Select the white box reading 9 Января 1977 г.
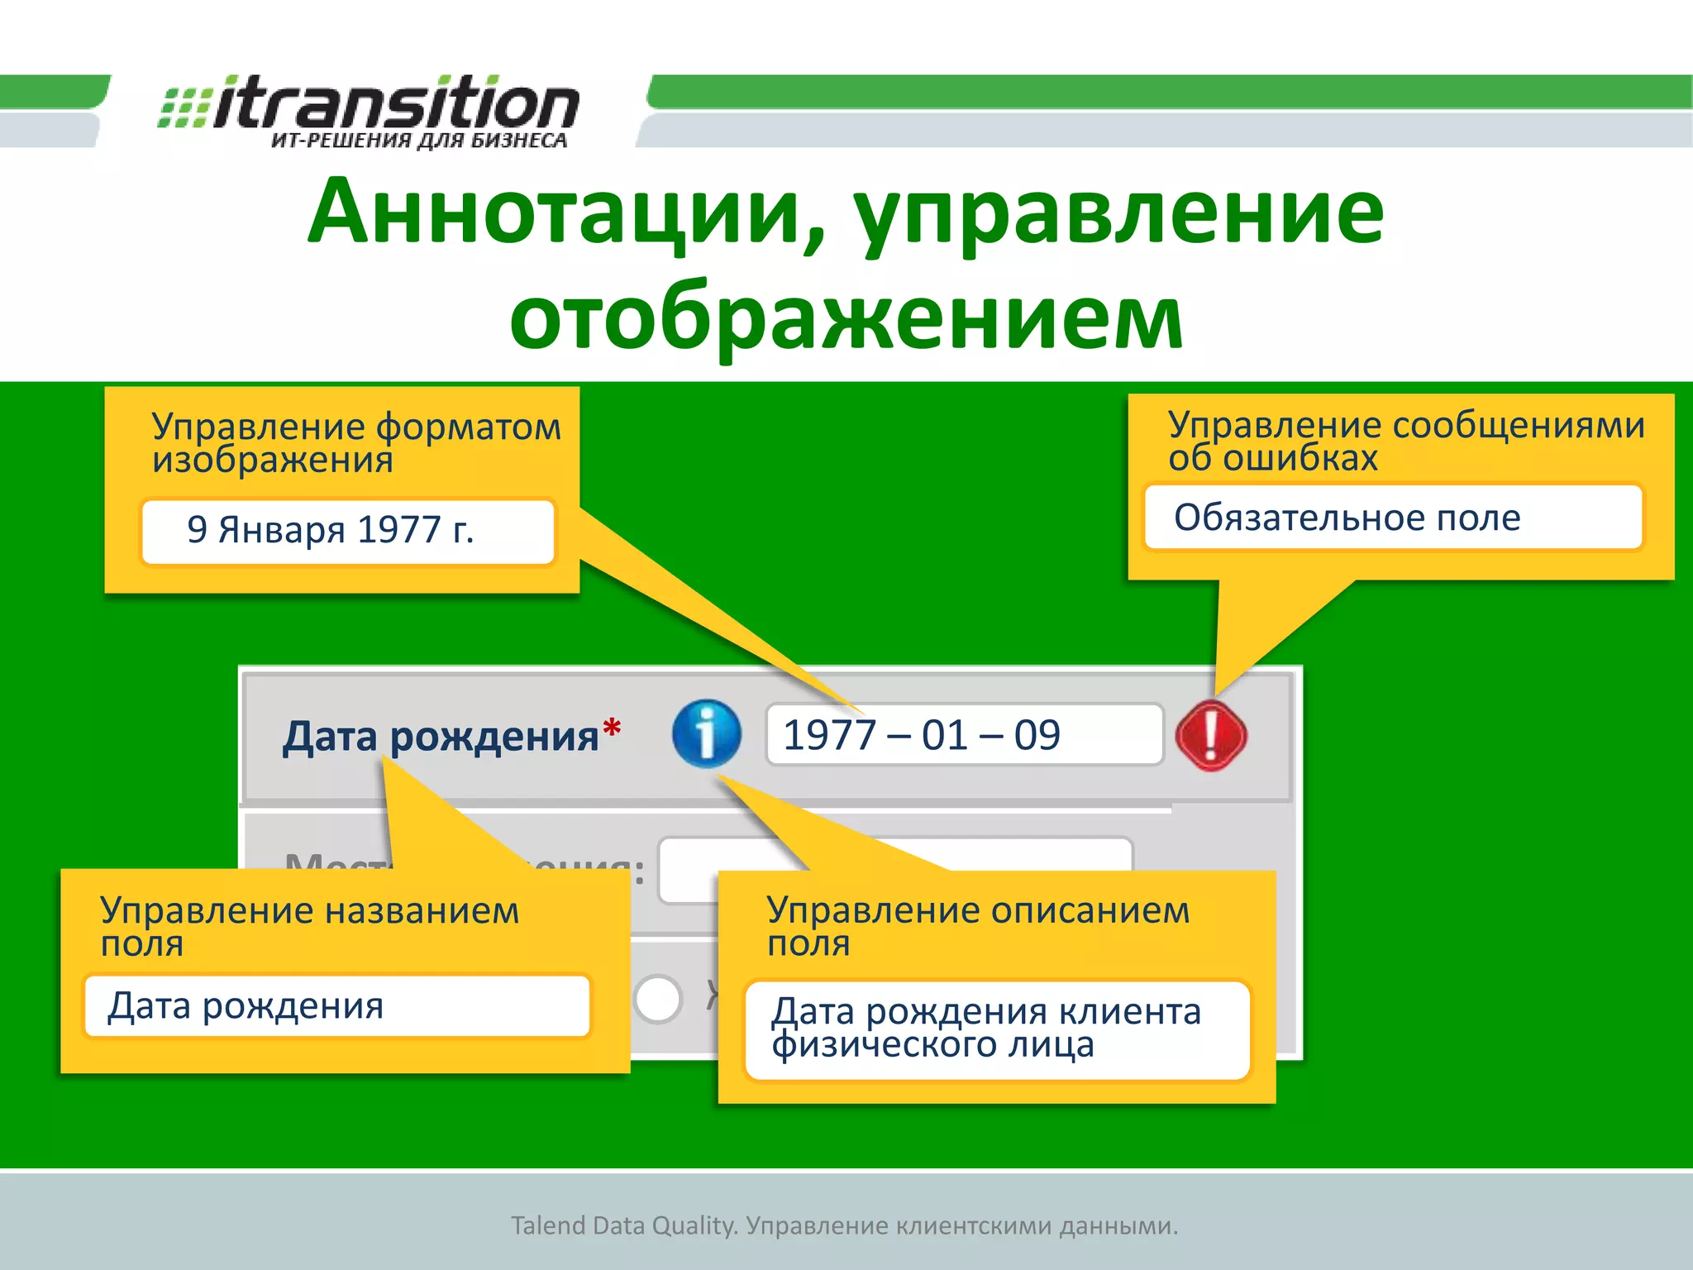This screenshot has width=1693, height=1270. (x=347, y=531)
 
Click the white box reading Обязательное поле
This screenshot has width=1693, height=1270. (x=1394, y=518)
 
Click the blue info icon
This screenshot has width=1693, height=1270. (x=706, y=733)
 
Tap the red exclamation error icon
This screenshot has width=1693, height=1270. (x=1211, y=735)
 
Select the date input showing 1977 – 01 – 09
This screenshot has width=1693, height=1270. (x=964, y=734)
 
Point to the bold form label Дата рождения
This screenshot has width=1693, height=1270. (x=440, y=736)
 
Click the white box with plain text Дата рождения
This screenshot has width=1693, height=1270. (x=337, y=1006)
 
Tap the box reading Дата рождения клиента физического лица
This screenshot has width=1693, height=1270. (x=997, y=1029)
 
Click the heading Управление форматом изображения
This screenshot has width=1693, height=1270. (x=355, y=442)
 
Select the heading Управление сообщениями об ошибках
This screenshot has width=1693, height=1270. (x=1405, y=441)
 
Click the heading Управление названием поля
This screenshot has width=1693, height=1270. (x=309, y=926)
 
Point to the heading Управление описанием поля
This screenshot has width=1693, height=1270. (x=977, y=925)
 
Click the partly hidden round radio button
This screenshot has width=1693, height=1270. (x=657, y=998)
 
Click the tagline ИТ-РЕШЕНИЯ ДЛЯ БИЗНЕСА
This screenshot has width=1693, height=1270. (x=418, y=141)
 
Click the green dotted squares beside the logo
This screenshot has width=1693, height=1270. (x=184, y=107)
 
